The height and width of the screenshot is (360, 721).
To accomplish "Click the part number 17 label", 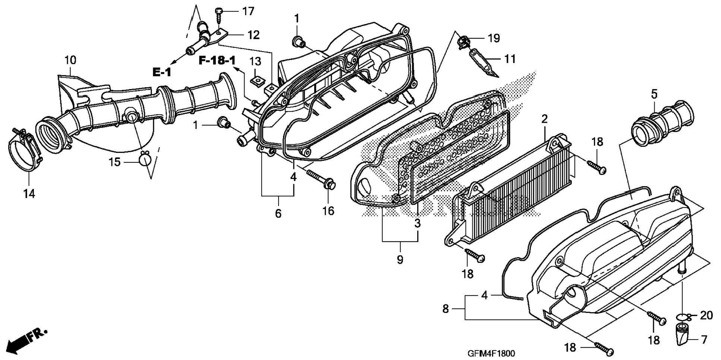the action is pos(248,12).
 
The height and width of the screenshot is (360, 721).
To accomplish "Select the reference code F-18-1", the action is pos(217,60).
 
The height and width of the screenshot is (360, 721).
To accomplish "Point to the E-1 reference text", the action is pos(162,72).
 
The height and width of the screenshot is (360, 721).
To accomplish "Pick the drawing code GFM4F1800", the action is pos(491,353).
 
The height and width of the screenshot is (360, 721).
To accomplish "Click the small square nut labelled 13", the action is pos(256,81).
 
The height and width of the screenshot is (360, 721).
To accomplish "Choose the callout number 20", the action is pos(706,315).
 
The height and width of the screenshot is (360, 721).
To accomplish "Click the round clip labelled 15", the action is pos(145,159).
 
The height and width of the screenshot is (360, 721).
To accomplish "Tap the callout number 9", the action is pos(400,259).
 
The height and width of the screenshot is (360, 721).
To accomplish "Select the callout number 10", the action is pos(70,60).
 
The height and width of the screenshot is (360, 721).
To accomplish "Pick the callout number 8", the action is pos(445,309).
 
